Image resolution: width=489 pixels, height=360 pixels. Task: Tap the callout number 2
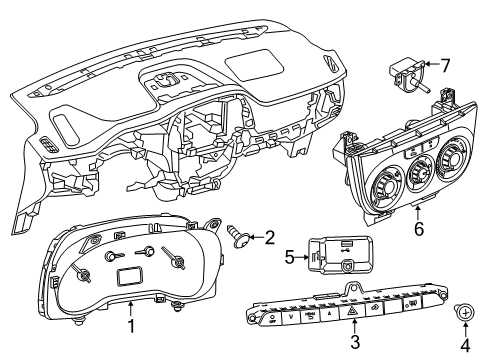coord(269,237)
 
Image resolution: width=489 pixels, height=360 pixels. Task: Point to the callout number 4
coord(465,345)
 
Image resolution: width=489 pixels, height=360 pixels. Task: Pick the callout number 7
coord(445,66)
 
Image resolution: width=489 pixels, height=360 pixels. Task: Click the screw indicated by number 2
coord(238,236)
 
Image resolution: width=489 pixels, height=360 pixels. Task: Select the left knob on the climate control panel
coord(383,191)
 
